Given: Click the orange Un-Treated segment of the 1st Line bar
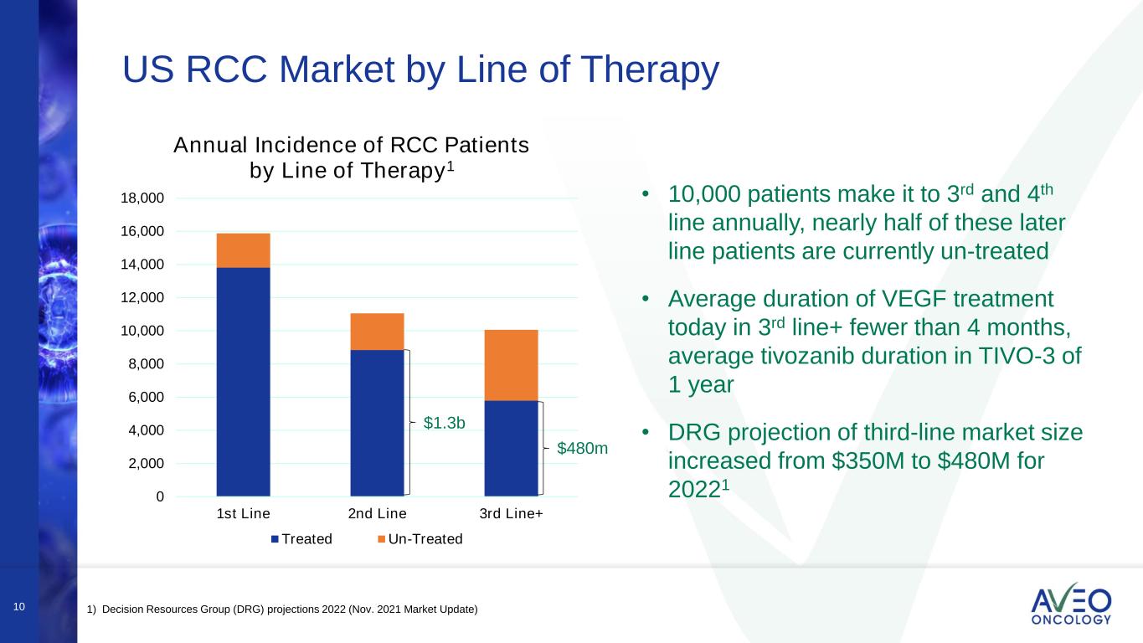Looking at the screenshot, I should pyautogui.click(x=243, y=250).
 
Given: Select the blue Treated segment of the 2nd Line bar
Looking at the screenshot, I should pyautogui.click(x=377, y=423).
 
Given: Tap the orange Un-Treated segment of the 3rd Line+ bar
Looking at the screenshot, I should pyautogui.click(x=511, y=365).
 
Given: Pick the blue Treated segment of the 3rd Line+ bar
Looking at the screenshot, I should pyautogui.click(x=511, y=449).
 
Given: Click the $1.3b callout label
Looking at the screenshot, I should pyautogui.click(x=444, y=424).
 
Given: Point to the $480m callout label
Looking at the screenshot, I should pyautogui.click(x=583, y=449).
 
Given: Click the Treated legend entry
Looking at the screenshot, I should pyautogui.click(x=301, y=539).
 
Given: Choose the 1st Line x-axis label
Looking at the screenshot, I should pyautogui.click(x=243, y=513).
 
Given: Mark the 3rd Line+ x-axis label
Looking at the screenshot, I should pyautogui.click(x=511, y=513).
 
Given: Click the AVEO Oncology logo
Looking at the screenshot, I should pyautogui.click(x=1071, y=604).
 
